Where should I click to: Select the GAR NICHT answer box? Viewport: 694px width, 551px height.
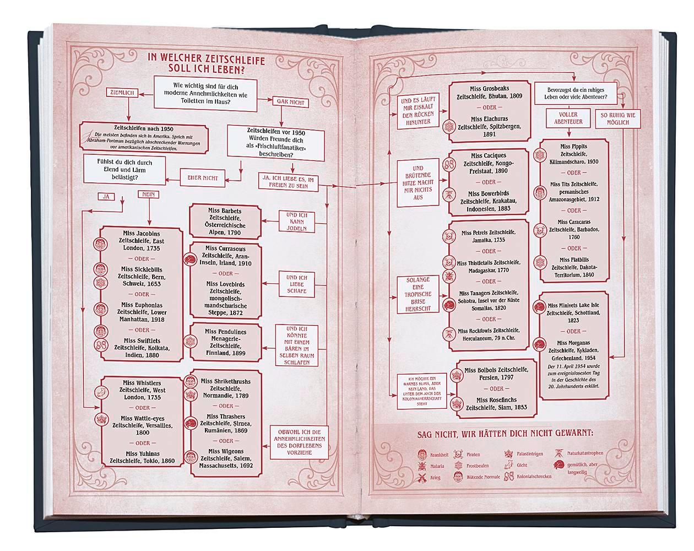pos(289,102)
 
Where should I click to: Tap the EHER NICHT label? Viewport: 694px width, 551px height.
pos(203,178)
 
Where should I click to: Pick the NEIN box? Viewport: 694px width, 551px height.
pos(147,195)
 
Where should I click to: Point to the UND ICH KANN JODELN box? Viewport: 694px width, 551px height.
pos(296,221)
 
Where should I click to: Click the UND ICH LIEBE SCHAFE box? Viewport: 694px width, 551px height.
pos(296,284)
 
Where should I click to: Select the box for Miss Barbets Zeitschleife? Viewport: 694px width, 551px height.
pos(225,222)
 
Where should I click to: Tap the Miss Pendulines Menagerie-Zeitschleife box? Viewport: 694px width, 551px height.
pos(225,342)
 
